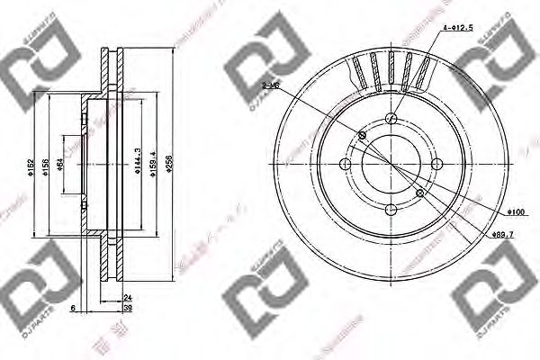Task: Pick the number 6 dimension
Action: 72,308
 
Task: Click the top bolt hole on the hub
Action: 391,120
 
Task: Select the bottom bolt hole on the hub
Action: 391,208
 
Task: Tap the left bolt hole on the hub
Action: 346,164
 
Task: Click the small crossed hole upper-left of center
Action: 363,135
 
